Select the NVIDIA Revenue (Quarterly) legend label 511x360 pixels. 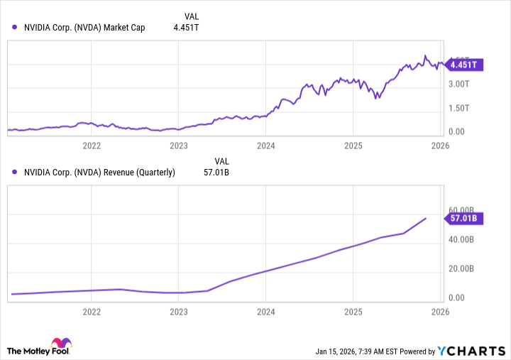point(99,172)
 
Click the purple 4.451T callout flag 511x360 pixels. point(466,65)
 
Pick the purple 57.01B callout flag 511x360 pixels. point(466,218)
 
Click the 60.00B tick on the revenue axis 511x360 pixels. point(465,210)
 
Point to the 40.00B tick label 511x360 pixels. point(465,240)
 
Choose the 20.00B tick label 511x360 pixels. point(465,269)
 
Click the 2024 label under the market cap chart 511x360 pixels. point(266,146)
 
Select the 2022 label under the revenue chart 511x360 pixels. point(92,311)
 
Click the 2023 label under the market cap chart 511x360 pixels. point(179,146)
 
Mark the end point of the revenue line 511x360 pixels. point(426,218)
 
